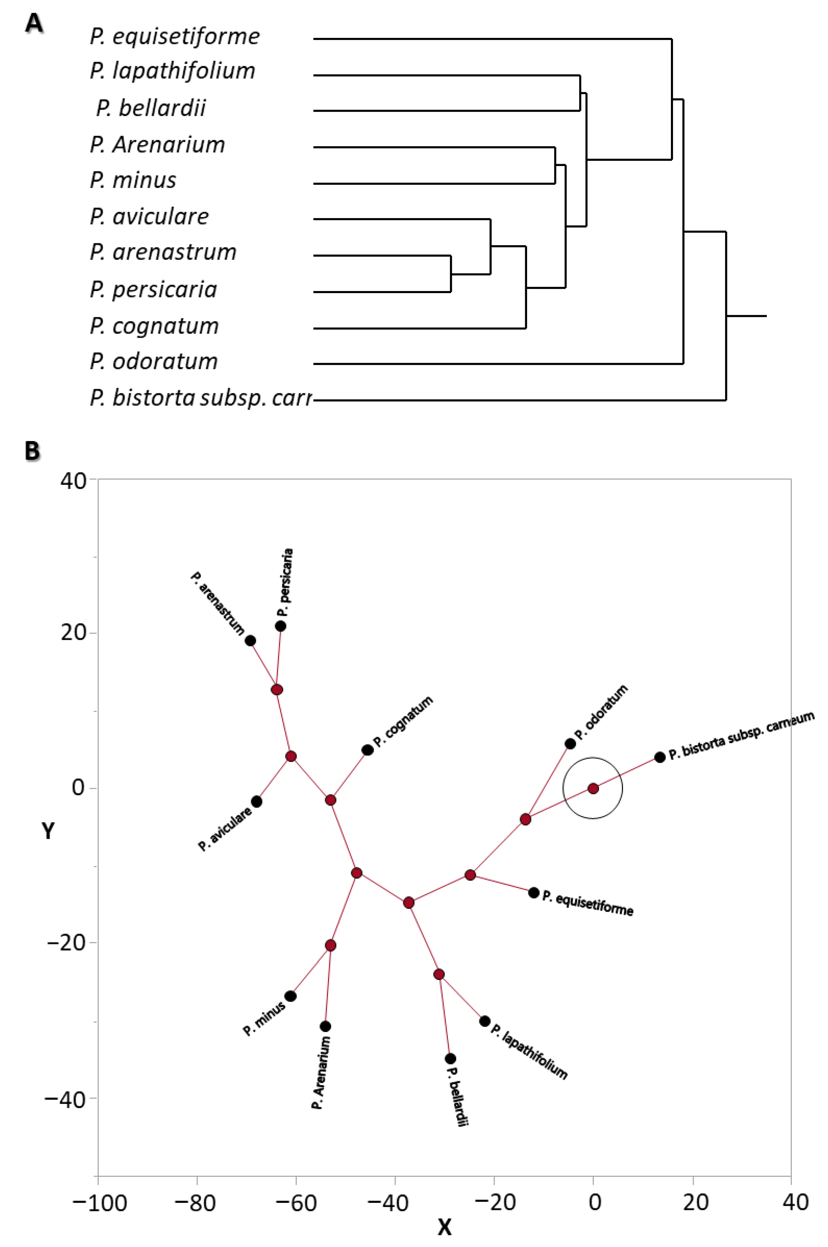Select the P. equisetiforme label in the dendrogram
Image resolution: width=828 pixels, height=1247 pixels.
pyautogui.click(x=175, y=36)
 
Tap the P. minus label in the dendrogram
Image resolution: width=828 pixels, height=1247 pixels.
pyautogui.click(x=133, y=180)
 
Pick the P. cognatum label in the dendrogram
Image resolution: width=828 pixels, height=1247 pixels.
pyautogui.click(x=154, y=326)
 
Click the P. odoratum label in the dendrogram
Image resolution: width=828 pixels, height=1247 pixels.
pyautogui.click(x=154, y=362)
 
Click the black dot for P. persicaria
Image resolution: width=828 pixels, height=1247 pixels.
pyautogui.click(x=280, y=626)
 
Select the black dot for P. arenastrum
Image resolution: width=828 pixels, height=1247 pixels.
pyautogui.click(x=251, y=641)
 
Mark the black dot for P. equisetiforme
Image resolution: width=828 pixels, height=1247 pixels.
pyautogui.click(x=534, y=893)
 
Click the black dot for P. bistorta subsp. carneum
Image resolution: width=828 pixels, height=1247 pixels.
pyautogui.click(x=660, y=757)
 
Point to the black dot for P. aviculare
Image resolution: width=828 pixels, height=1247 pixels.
pyautogui.click(x=257, y=801)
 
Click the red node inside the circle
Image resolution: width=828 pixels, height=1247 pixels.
pyautogui.click(x=593, y=788)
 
